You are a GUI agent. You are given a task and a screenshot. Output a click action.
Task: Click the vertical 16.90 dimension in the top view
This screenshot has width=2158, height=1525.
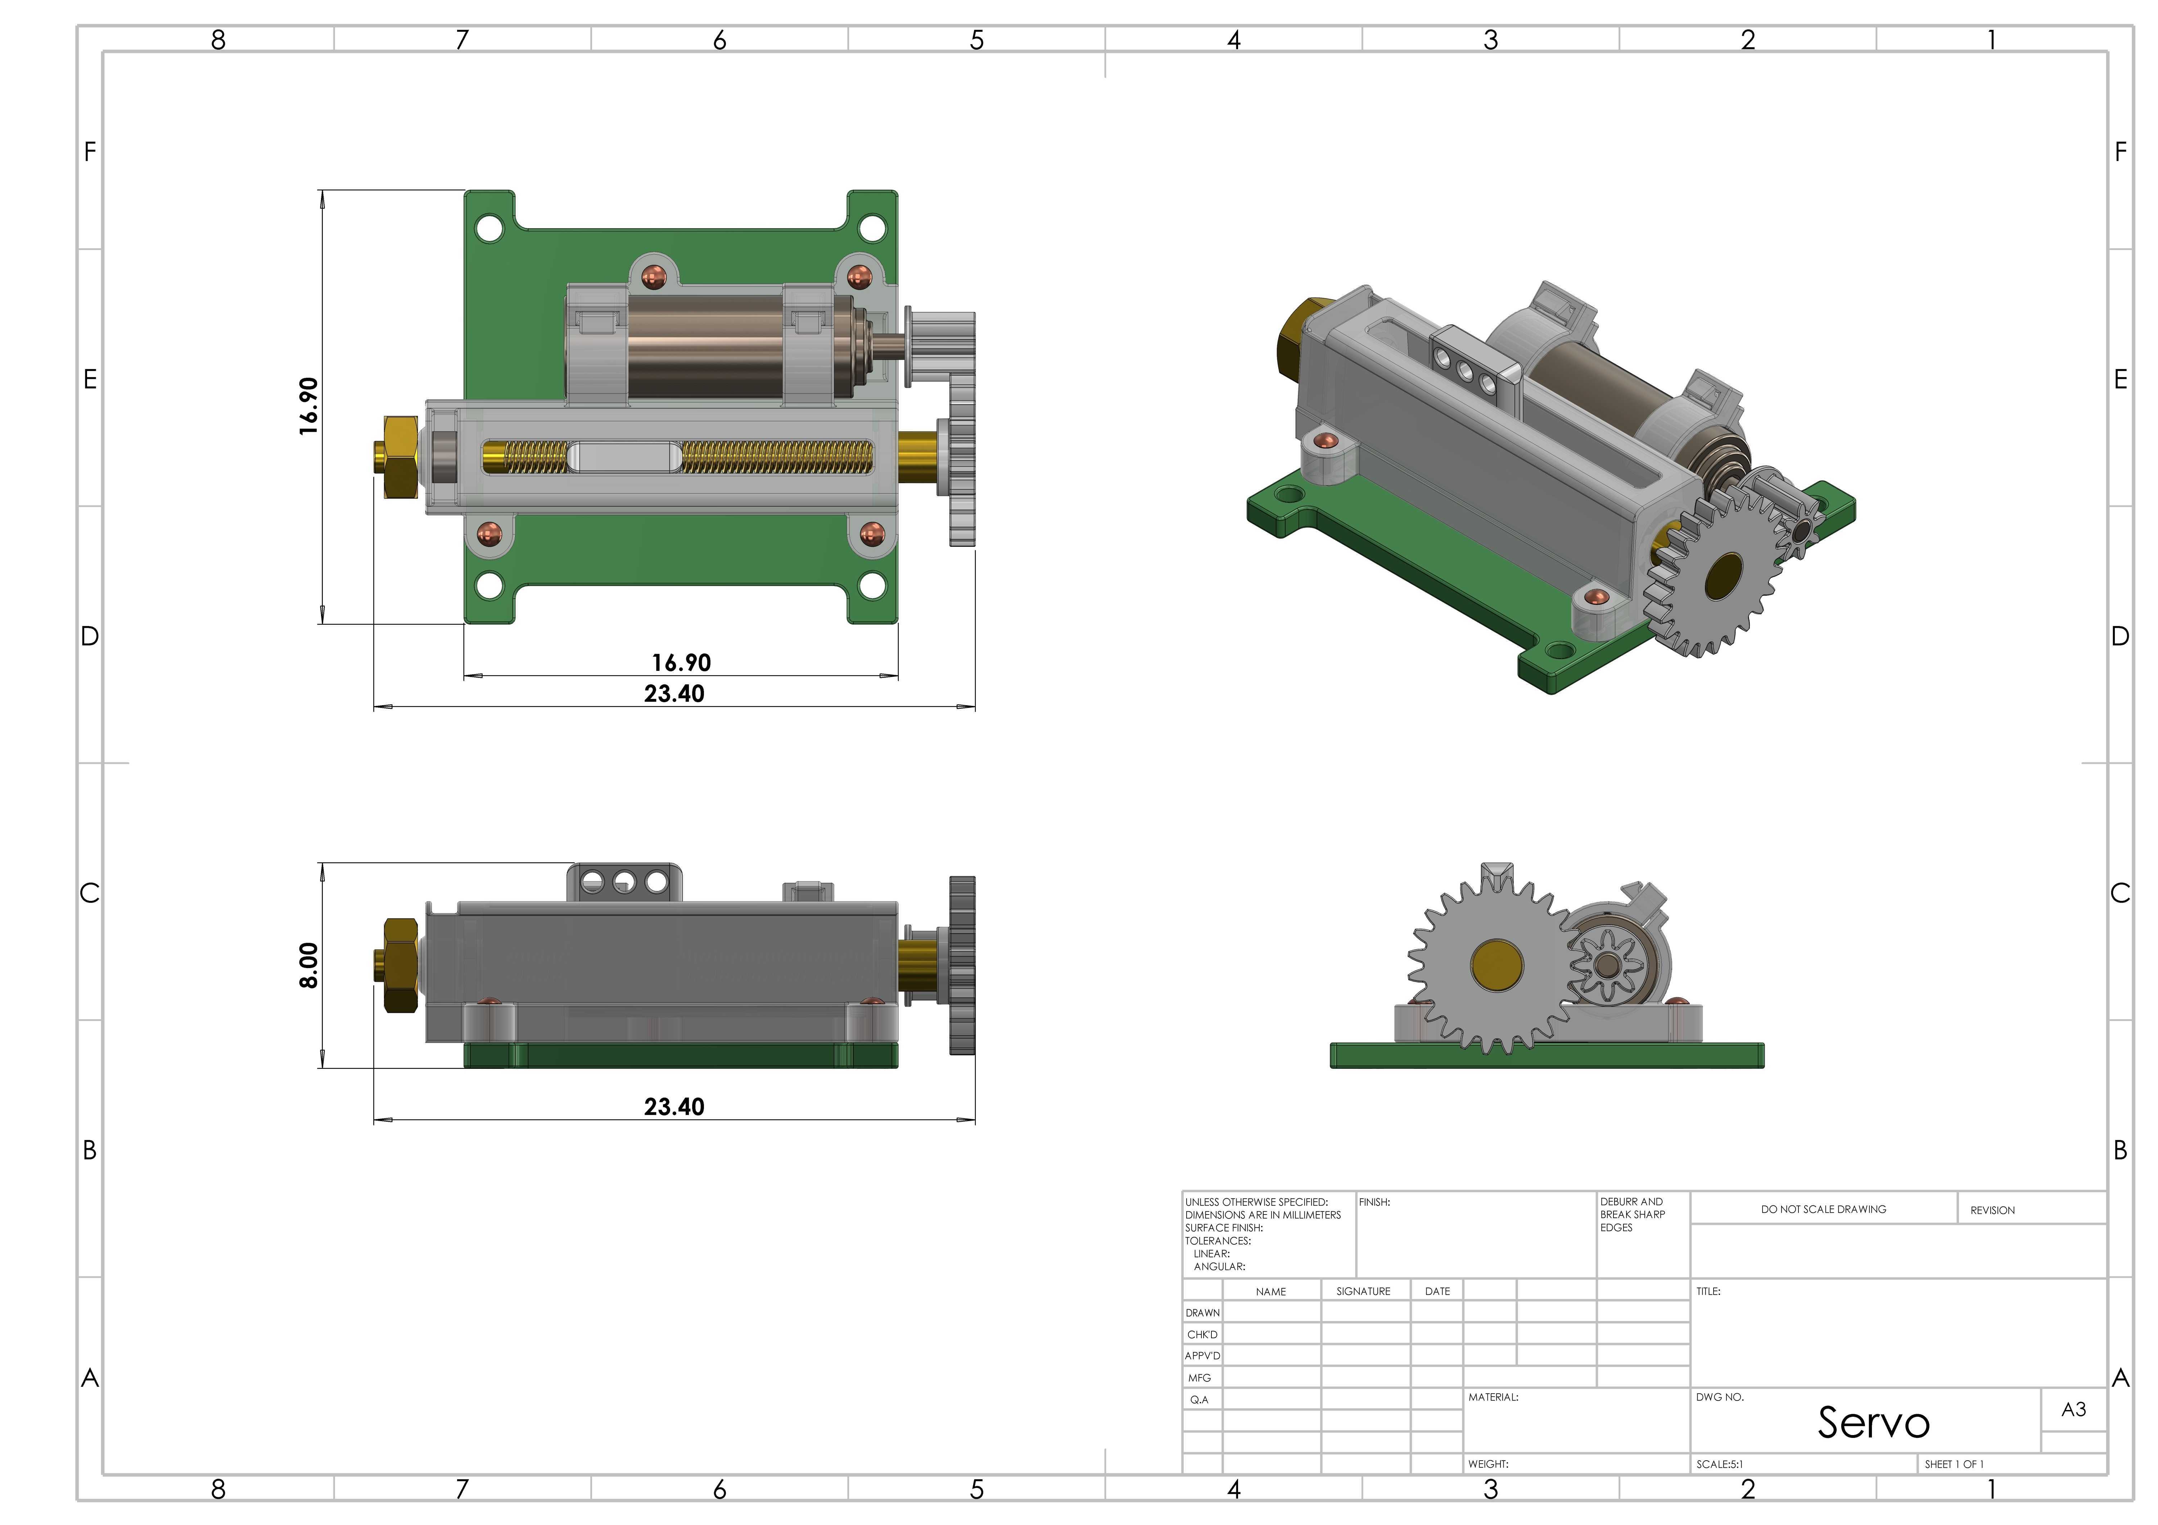(308, 406)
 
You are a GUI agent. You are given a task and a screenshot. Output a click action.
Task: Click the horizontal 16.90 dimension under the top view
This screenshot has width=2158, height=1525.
(681, 662)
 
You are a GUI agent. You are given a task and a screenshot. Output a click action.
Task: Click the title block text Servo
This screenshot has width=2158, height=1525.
(1873, 1422)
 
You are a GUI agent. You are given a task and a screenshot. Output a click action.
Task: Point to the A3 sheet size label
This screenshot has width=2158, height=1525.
(2073, 1410)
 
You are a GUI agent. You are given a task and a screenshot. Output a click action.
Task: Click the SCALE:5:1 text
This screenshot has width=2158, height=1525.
(1719, 1464)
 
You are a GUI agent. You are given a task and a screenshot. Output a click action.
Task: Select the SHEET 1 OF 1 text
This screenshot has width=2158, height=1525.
(1954, 1464)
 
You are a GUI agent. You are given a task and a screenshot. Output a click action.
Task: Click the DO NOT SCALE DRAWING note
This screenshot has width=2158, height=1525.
(1823, 1209)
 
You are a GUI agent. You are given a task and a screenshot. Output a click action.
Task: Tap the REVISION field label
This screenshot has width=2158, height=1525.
(1992, 1210)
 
